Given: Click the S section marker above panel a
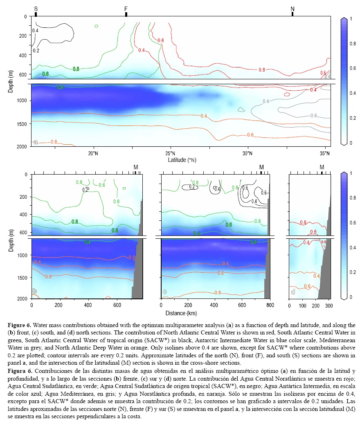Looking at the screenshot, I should coord(36,9).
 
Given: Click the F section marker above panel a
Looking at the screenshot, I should coord(126,9).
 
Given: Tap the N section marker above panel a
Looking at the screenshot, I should coord(292,9).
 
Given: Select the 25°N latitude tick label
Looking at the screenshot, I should coord(171,153).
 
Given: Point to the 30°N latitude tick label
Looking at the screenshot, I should coord(248,153).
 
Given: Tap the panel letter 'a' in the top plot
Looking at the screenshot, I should coord(36,142).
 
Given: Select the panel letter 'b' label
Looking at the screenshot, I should coord(35,292).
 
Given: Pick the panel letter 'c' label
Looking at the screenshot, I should coord(164,292).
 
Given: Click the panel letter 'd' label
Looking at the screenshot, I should coord(293,292).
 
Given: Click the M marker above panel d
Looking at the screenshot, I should coord(322,167).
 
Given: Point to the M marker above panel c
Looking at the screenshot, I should coord(262,167).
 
